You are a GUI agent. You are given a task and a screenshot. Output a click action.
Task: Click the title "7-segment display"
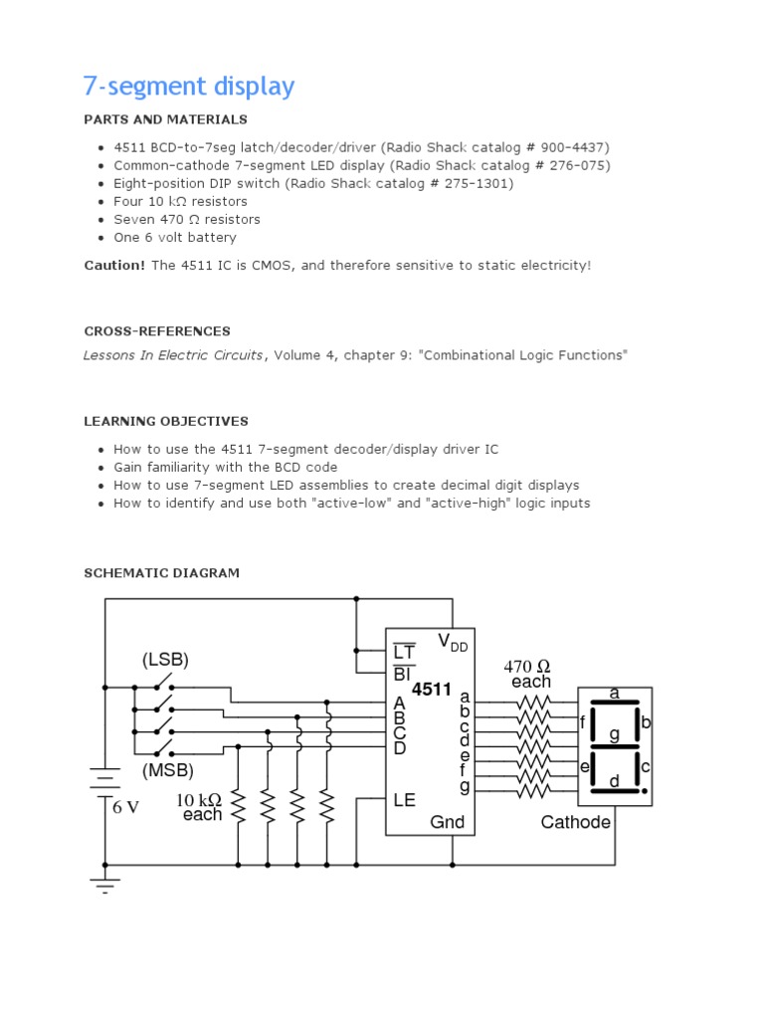[x=189, y=87]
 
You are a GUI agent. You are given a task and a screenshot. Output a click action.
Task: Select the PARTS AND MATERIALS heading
[x=165, y=119]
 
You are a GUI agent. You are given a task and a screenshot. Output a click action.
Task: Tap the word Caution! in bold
[x=114, y=266]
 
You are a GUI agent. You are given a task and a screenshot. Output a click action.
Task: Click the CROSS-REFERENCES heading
[x=156, y=331]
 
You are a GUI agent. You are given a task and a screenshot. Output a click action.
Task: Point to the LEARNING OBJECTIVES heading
[x=165, y=421]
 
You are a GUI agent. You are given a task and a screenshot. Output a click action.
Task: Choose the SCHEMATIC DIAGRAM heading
[x=161, y=573]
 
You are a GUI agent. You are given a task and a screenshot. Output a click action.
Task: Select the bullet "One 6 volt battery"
[x=175, y=237]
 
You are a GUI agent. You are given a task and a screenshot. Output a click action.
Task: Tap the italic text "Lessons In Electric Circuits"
[x=174, y=355]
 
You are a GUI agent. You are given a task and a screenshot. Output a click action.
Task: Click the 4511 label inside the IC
[x=432, y=689]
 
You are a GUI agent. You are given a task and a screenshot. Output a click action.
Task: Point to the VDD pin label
[x=452, y=642]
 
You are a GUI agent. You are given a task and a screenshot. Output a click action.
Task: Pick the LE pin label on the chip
[x=405, y=799]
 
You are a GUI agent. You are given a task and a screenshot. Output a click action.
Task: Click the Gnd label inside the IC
[x=447, y=822]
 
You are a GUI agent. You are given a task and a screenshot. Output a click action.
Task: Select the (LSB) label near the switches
[x=165, y=659]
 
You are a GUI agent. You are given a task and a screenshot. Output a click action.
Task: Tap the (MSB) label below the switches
[x=167, y=770]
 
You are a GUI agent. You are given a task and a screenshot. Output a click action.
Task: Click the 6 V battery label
[x=125, y=807]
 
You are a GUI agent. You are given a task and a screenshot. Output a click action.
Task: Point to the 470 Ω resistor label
[x=527, y=666]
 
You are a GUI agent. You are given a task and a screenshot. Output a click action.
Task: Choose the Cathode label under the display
[x=576, y=822]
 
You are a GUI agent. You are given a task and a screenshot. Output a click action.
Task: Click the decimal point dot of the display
[x=645, y=791]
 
